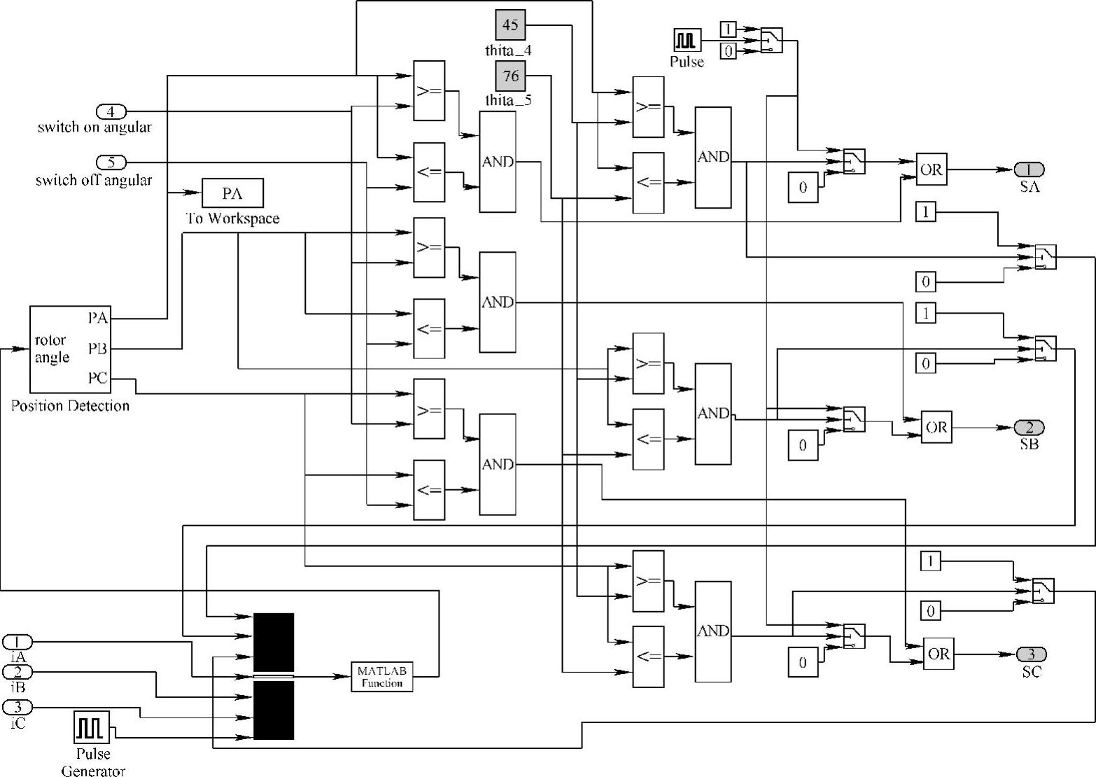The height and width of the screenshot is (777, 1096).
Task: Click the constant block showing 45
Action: pos(511,26)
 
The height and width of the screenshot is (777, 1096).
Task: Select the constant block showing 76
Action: pos(511,75)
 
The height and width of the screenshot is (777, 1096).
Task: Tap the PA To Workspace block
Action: pos(232,193)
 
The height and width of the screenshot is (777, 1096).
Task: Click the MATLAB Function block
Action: pos(381,676)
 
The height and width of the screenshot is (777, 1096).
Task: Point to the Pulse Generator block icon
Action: pos(92,727)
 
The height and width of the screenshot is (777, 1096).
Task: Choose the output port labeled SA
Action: pos(1029,169)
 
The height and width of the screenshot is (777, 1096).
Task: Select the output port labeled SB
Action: pos(1029,427)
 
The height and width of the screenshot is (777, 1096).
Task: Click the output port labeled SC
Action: pos(1031,654)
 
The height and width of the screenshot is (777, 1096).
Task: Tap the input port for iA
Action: pos(17,641)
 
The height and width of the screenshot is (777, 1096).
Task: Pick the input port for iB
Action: pos(17,672)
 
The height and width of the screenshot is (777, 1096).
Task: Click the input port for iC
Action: pos(17,707)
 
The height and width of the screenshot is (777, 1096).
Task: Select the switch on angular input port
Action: pos(111,111)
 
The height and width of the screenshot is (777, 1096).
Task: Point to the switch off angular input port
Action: pos(111,162)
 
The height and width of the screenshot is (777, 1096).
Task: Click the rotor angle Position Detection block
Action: pos(69,349)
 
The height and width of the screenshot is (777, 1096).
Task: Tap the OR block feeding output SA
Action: pos(932,169)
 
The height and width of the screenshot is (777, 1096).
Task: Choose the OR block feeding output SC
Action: pos(939,654)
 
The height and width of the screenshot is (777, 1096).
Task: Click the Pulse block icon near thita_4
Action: pos(687,41)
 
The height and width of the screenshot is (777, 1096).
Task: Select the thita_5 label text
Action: pos(508,99)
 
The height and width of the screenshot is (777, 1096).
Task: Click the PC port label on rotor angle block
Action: pos(98,379)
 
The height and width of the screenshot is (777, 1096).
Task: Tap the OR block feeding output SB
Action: pos(936,427)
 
